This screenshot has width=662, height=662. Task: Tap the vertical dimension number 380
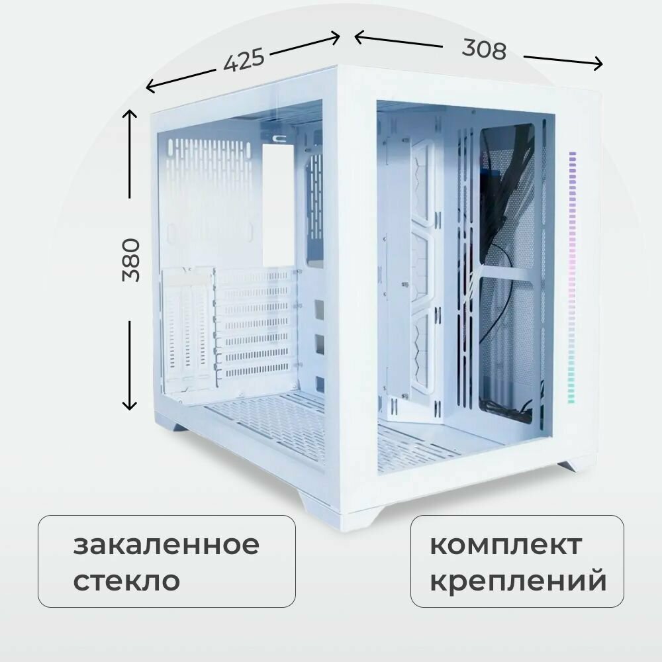pos(132,260)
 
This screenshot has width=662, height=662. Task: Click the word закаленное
pos(166,545)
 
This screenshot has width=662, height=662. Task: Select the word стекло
pos(126,581)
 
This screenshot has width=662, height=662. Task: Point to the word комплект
pos(506,545)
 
